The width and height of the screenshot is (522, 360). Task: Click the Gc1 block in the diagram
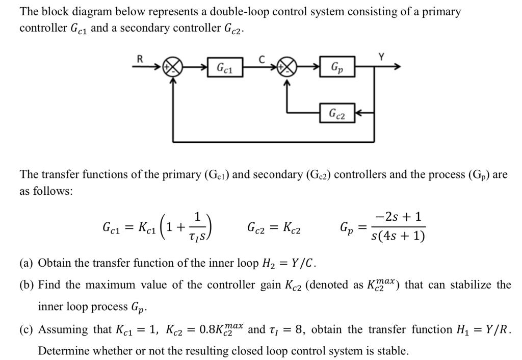tap(225, 67)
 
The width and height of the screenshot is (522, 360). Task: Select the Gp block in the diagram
tap(337, 67)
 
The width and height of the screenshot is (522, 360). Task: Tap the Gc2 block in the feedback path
tap(337, 113)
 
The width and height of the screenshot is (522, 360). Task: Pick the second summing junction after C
tap(289, 68)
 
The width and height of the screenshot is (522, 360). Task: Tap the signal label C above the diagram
tap(262, 59)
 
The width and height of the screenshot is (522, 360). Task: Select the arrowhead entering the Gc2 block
tap(358, 113)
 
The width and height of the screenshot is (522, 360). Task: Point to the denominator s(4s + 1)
tap(399, 237)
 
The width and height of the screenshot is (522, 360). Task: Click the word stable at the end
tap(393, 351)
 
